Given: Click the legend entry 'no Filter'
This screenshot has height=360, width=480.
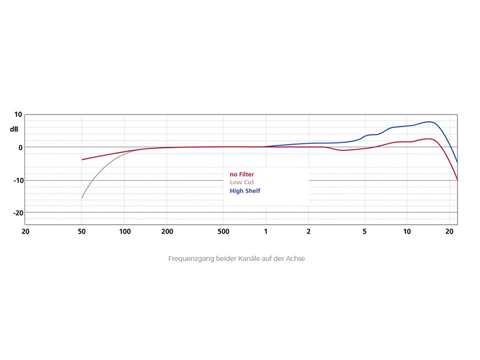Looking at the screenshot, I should tap(241, 174).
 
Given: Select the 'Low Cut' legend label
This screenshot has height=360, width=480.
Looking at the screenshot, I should tap(241, 182).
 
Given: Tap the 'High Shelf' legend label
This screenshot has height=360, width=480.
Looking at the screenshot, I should tap(244, 191).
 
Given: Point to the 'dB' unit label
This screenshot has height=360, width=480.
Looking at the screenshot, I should tap(14, 129).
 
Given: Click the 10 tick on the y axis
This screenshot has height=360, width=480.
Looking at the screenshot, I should tap(18, 114).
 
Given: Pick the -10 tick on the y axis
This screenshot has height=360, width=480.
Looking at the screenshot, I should tap(16, 180).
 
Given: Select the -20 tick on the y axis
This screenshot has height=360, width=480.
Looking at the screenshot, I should tap(16, 212).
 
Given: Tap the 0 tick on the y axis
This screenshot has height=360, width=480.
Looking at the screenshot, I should tap(20, 147).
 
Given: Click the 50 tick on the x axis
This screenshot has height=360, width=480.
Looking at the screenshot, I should tap(81, 232).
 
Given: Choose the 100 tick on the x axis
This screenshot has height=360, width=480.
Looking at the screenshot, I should tap(124, 232).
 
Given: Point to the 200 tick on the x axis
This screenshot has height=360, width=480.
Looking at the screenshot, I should tap(167, 232).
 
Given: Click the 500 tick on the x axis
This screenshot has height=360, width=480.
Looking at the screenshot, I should tap(223, 232).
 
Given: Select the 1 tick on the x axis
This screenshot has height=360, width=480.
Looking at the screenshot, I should tap(266, 232).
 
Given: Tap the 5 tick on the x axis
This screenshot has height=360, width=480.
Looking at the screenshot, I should tap(364, 232).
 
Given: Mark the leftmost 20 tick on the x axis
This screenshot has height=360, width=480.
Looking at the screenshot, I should tap(25, 232).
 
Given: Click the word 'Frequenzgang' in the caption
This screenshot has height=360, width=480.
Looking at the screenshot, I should tap(191, 259).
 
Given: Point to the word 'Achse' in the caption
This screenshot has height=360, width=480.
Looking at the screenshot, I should tap(295, 259).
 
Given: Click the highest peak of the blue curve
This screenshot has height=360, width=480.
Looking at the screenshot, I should tap(429, 121).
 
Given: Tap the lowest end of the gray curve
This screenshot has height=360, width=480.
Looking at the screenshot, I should tap(81, 198).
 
